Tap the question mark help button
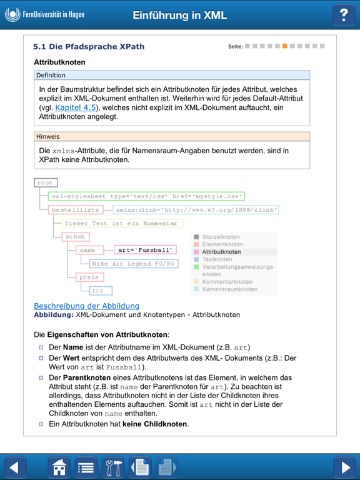[343, 15]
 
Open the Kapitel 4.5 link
[76, 107]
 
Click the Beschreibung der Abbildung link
[86, 306]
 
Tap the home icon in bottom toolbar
[59, 467]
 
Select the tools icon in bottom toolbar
[113, 467]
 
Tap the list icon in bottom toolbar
[86, 467]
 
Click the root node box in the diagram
[46, 183]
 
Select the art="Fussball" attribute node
[145, 250]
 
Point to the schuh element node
[76, 237]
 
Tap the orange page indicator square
[285, 46]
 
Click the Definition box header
[172, 75]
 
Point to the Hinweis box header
[172, 136]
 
